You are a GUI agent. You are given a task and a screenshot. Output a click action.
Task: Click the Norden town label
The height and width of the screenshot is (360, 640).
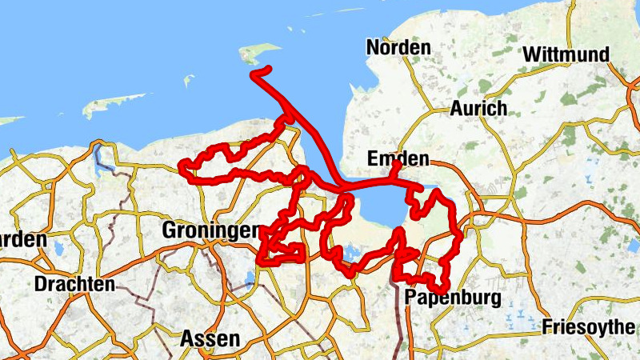click(398, 48)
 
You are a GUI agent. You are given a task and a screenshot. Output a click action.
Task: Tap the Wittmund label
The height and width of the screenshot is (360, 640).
click(566, 55)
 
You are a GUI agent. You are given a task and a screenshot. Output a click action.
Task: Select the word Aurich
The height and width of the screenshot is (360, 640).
click(478, 108)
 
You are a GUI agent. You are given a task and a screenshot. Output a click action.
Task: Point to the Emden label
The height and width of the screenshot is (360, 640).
click(398, 158)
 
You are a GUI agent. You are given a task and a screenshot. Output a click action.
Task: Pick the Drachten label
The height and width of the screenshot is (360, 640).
click(74, 284)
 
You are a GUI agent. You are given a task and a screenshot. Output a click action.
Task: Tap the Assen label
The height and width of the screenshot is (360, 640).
click(210, 338)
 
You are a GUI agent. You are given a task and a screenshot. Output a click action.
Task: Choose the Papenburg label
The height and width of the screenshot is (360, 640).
click(453, 299)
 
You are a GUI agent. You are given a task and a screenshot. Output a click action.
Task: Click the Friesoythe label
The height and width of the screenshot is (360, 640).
click(590, 326)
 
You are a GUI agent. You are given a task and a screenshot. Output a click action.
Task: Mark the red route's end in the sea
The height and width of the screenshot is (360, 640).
click(254, 74)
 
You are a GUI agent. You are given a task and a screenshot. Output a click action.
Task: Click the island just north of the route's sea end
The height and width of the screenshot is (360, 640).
click(260, 54)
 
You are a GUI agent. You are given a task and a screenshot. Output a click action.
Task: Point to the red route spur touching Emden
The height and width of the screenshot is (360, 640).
click(396, 167)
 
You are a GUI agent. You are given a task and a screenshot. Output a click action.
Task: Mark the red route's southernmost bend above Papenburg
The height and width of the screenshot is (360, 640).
click(438, 288)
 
